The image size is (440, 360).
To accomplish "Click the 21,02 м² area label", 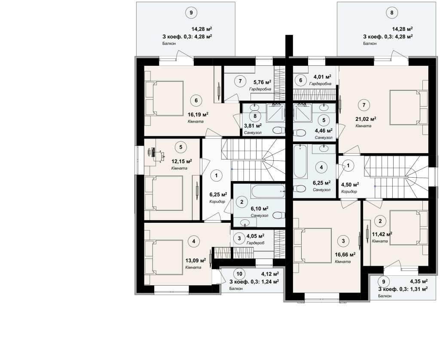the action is coord(366,119).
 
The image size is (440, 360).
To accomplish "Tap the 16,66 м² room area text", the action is coord(345,255).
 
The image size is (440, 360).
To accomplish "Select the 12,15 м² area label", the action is coord(182,161).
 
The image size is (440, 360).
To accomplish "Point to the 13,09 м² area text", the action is coord(196,260).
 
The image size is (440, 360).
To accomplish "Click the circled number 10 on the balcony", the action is coord(239,274).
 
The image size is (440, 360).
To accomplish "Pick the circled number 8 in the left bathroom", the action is coord(255,116).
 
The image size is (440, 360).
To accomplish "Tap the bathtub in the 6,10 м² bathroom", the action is coord(268,191).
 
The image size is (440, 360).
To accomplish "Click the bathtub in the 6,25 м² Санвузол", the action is coord(299,161).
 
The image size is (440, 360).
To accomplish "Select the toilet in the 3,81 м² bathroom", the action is coord(278,130).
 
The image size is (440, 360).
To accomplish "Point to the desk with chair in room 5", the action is coord(156,155).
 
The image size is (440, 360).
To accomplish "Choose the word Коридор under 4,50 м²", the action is coord(349,191).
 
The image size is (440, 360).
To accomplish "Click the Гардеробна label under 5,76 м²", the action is coord(260,89).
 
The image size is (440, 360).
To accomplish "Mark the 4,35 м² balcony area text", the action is coord(419,281).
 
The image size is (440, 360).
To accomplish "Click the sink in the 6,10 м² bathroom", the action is coord(245,223).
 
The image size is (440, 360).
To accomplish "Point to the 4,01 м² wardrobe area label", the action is coord(322,77).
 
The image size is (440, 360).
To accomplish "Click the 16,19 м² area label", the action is coord(198,114).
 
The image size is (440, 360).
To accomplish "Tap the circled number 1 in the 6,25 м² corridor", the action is coord(216,175).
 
